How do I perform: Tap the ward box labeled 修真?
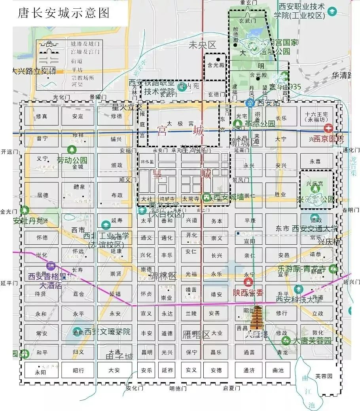click(42, 116)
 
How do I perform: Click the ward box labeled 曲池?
click(278, 370)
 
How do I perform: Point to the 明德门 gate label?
click(178, 388)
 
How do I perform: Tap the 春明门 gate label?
click(351, 210)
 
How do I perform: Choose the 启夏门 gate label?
click(231, 388)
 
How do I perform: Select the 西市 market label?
click(78, 230)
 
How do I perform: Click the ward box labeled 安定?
click(78, 116)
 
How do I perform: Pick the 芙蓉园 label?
click(323, 376)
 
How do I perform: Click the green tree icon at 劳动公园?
click(72, 150)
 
